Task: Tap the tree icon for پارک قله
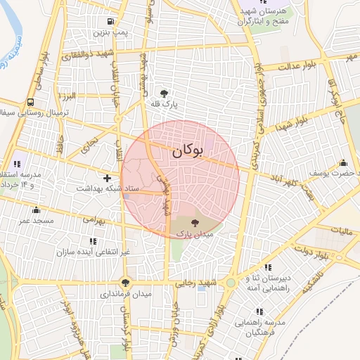165,93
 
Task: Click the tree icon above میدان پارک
195,222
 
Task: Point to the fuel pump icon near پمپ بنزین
111,21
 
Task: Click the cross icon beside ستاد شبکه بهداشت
107,179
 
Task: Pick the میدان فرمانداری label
124,294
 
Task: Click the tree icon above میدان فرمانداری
125,283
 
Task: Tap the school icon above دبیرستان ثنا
268,267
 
